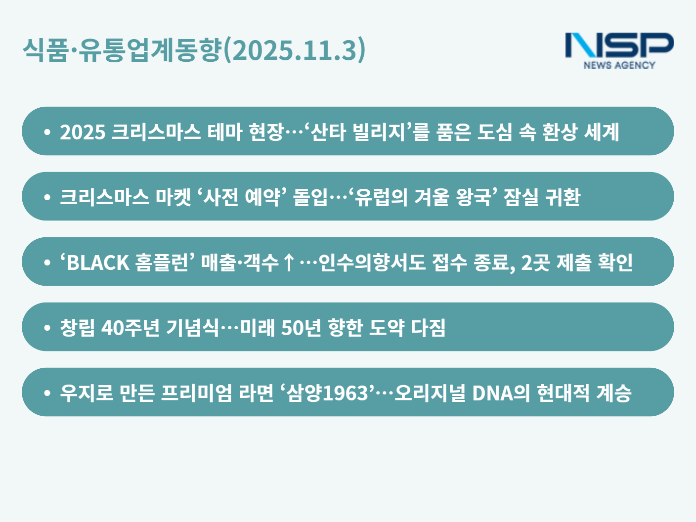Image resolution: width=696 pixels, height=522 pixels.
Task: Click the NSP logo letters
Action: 619,45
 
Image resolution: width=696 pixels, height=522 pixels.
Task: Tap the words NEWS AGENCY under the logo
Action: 619,65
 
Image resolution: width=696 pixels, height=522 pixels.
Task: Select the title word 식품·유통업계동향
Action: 122,50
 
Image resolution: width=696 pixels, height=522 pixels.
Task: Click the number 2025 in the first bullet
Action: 83,132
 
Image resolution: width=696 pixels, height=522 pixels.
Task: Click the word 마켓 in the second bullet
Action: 173,197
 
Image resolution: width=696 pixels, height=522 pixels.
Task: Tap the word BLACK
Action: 98,263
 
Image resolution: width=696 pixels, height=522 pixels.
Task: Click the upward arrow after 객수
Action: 288,263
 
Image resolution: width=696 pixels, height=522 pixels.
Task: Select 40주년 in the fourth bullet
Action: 130,328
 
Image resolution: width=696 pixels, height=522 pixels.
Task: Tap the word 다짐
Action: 428,328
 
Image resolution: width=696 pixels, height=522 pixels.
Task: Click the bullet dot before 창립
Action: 47,327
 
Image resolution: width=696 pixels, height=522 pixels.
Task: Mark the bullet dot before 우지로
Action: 47,393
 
